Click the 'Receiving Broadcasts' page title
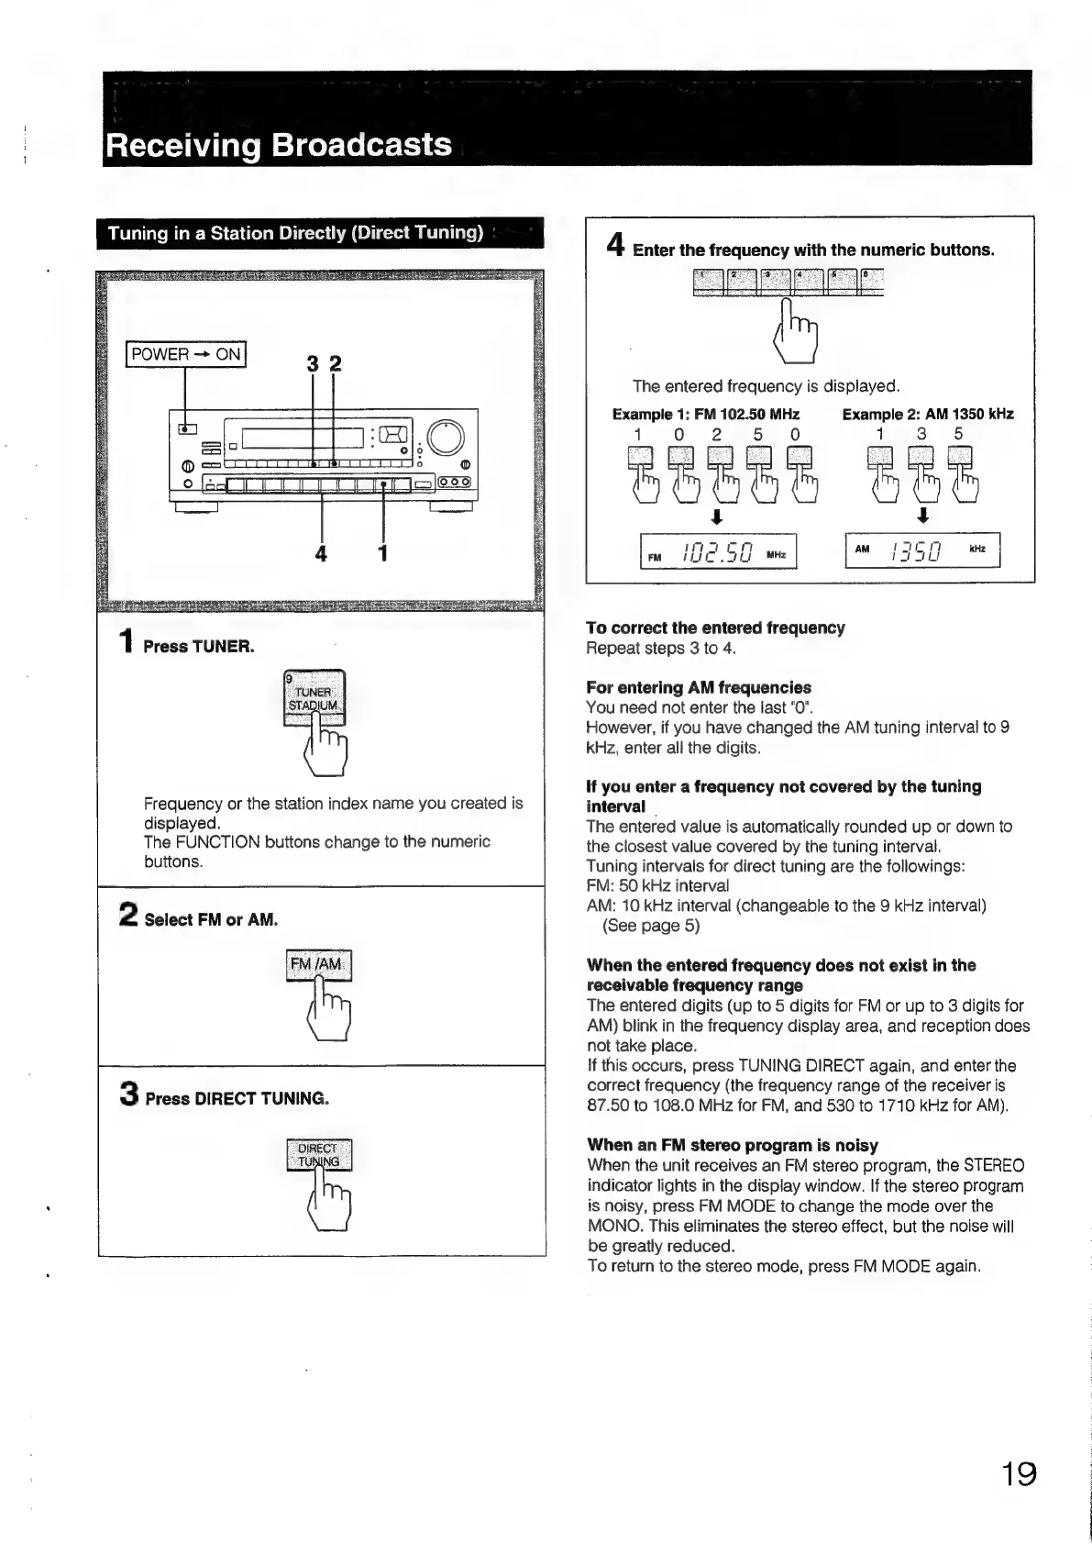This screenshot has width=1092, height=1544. (279, 146)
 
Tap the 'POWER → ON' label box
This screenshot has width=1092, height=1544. (186, 354)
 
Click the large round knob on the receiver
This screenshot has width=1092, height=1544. (446, 439)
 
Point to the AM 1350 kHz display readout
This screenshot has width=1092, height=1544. (922, 551)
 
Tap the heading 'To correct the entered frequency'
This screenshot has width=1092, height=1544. (715, 628)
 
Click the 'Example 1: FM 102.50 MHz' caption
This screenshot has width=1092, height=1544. (706, 415)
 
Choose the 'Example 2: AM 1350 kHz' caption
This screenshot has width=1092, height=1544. (928, 415)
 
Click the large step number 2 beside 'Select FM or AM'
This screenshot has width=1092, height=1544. (129, 916)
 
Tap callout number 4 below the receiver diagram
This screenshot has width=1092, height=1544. (321, 554)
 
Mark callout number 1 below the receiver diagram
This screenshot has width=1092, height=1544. (383, 553)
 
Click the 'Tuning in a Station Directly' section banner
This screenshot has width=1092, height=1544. (295, 233)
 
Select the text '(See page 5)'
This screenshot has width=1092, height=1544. (651, 926)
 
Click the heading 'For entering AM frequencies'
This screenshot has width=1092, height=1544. (699, 687)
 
